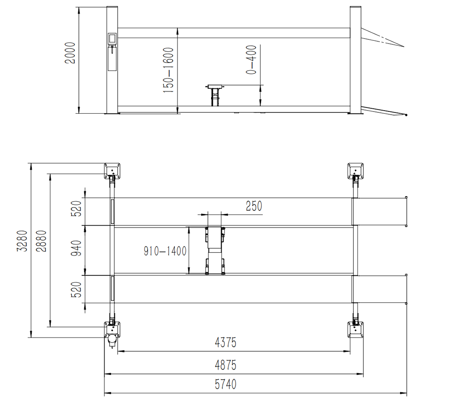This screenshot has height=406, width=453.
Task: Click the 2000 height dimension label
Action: (70, 53)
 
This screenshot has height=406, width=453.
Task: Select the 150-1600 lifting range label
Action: (169, 70)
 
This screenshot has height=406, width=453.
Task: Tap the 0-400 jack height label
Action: (251, 60)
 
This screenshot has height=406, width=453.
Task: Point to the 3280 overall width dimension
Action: (22, 241)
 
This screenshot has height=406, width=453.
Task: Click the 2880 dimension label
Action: (41, 241)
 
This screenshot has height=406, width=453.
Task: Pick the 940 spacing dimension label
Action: (77, 248)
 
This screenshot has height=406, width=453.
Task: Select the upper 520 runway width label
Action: (77, 208)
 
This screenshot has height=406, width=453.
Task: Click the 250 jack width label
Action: (254, 206)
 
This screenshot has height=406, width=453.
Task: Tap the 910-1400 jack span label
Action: (165, 251)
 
